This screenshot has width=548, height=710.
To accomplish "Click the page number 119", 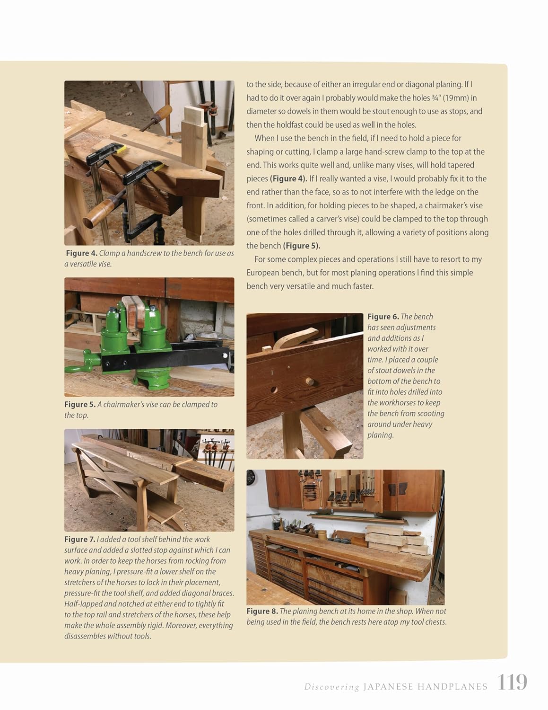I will [512, 683].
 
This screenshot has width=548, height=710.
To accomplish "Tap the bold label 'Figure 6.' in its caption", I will [383, 317].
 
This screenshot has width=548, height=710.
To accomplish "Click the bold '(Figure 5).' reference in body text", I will [301, 246].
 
